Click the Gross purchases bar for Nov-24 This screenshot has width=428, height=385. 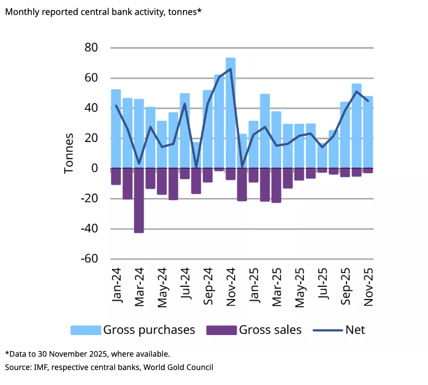pos(231,111)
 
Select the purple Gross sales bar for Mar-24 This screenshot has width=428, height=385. pos(139,200)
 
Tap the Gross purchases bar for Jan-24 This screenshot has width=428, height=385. pos(116,128)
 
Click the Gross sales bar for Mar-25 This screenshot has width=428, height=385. pos(276,185)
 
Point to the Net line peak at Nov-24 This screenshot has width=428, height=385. pos(231,69)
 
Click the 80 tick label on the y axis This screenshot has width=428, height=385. pos(91,48)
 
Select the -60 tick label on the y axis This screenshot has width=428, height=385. pos(88,259)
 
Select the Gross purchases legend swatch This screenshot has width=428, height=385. pos(85,330)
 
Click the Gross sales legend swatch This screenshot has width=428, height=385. pos(221,330)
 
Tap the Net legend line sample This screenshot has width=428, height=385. pos(327,330)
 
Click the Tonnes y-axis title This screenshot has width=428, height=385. pos(69,153)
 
